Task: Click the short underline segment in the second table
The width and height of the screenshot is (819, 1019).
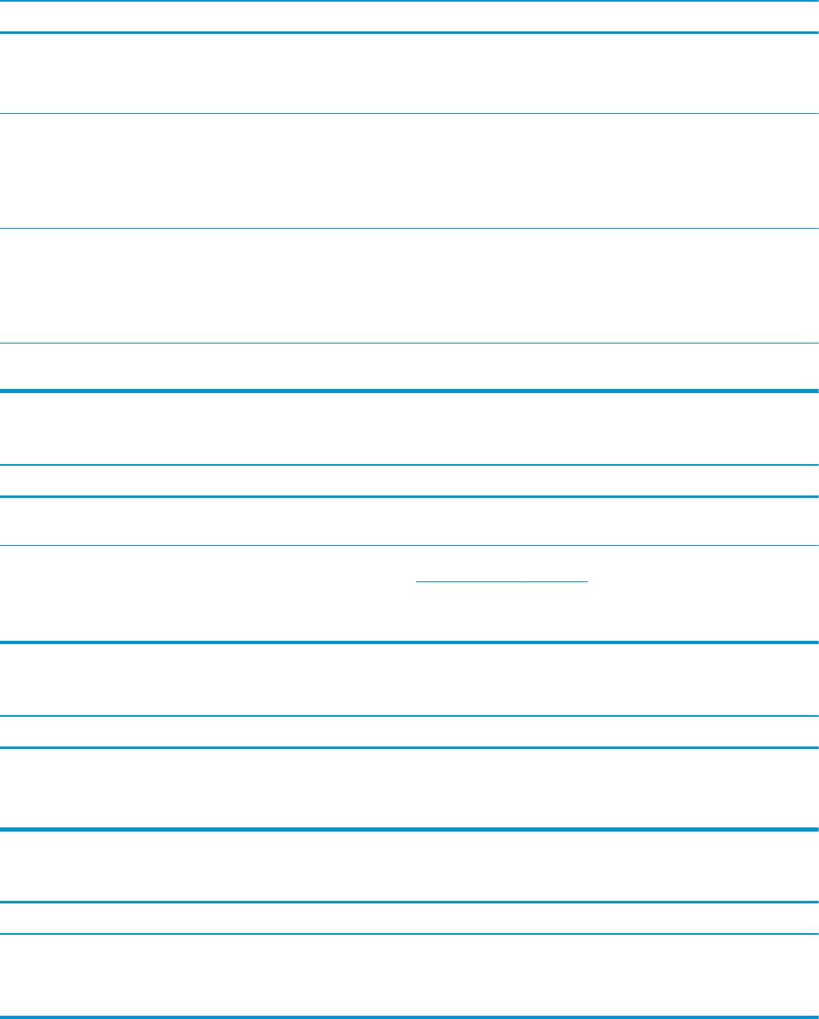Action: pyautogui.click(x=502, y=581)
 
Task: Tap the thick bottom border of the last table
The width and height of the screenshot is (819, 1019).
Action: pyautogui.click(x=409, y=1016)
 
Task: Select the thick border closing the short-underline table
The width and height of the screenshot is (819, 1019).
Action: pyautogui.click(x=409, y=642)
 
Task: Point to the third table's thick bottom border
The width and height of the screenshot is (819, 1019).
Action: pyautogui.click(x=409, y=829)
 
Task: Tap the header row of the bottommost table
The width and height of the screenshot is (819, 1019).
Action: pyautogui.click(x=409, y=917)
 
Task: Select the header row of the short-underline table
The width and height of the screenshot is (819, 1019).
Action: pyautogui.click(x=409, y=481)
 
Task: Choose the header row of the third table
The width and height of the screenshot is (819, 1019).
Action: pyautogui.click(x=409, y=731)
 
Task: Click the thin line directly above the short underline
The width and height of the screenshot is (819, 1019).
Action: pyautogui.click(x=409, y=545)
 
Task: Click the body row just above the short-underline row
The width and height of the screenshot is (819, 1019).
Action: pyautogui.click(x=409, y=521)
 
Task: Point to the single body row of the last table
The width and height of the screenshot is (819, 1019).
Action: pyautogui.click(x=409, y=974)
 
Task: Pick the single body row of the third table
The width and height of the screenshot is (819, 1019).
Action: pyautogui.click(x=409, y=788)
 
